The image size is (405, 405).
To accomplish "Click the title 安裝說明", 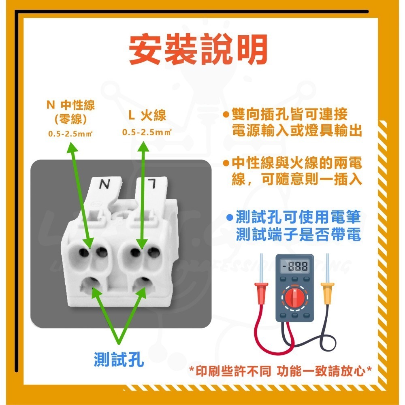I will tap(198, 51).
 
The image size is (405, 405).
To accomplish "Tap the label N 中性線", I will tap(71, 106).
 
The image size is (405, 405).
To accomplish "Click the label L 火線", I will tap(147, 116).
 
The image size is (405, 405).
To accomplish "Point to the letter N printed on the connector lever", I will tap(104, 185).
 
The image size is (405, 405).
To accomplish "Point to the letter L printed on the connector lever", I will tap(153, 185).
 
